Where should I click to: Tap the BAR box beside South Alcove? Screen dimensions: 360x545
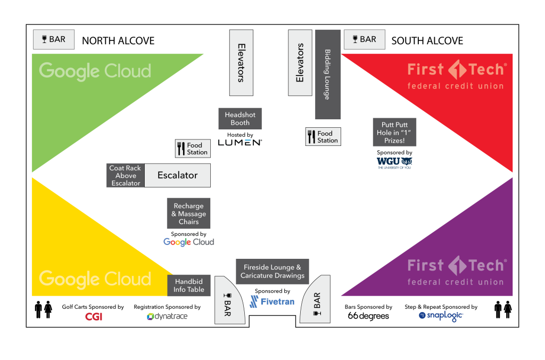click(364, 39)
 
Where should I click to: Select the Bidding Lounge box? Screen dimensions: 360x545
click(327, 74)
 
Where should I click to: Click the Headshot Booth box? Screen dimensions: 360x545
click(240, 118)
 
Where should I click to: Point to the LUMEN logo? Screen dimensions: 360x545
click(240, 142)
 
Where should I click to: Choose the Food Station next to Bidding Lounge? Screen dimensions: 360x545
click(323, 137)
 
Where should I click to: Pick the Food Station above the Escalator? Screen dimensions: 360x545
click(192, 149)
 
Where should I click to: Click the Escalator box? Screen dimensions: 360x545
click(177, 175)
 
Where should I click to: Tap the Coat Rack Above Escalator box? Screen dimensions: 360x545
click(126, 175)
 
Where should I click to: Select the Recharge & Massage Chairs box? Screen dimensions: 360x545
click(188, 214)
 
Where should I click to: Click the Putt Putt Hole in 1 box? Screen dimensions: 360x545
click(394, 132)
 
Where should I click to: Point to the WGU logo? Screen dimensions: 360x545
click(394, 162)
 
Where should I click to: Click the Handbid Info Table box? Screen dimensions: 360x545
click(189, 285)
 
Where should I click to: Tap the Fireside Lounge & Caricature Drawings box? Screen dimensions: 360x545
click(272, 271)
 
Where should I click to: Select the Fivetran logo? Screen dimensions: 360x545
click(272, 302)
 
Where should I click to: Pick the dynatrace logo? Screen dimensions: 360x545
click(167, 316)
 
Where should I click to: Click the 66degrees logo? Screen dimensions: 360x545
click(368, 316)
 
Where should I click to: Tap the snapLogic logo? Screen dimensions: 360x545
click(441, 316)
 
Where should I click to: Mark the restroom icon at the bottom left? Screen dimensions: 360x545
click(44, 309)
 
